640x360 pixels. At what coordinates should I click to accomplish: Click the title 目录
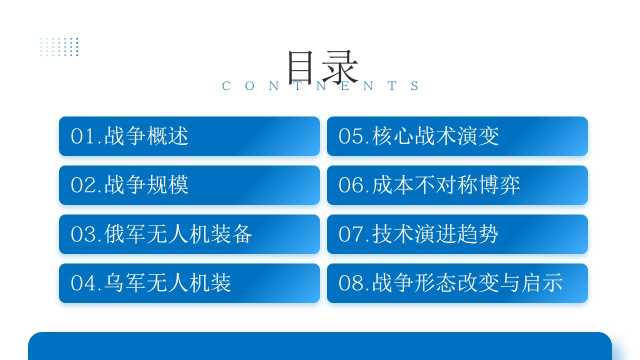323,67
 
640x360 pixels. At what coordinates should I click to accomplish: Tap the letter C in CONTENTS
226,86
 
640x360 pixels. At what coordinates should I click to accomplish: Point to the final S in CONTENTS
415,86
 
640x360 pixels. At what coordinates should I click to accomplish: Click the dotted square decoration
60,46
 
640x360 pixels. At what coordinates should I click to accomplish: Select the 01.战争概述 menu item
189,136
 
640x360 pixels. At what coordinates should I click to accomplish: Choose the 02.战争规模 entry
189,185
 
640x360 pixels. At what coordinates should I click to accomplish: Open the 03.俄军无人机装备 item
189,234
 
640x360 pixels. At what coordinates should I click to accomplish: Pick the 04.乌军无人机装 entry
189,283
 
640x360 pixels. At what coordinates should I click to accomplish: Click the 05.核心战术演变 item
457,136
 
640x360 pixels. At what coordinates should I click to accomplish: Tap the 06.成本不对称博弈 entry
457,185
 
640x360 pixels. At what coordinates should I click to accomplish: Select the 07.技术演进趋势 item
457,234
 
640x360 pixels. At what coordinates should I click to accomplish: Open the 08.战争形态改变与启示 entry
457,283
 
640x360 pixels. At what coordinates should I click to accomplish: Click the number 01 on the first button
83,136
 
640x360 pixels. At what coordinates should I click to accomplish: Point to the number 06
351,185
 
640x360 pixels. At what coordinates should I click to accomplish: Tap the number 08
351,283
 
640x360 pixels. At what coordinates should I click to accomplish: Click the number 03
83,234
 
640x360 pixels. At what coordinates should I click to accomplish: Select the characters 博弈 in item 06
499,185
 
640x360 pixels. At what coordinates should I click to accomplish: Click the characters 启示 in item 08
542,283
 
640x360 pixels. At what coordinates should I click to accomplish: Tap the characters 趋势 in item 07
478,234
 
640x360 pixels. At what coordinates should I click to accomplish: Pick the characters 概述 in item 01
168,136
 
